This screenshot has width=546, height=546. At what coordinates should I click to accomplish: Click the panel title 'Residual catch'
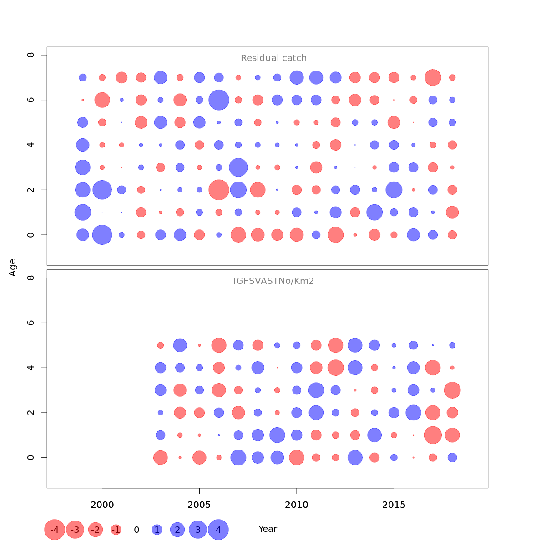(x=273, y=58)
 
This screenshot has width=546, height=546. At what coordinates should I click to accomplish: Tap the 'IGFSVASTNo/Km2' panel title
(x=273, y=281)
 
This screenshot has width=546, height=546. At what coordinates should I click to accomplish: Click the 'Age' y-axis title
(x=13, y=268)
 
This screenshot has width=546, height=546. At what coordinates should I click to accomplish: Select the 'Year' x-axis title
(x=268, y=529)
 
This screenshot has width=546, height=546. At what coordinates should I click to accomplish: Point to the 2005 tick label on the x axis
(x=199, y=505)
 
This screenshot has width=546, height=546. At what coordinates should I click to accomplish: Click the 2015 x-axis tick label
(x=394, y=505)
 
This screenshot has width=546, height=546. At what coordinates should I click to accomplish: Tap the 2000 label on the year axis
(x=102, y=505)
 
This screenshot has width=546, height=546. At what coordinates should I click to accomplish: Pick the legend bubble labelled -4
(x=54, y=530)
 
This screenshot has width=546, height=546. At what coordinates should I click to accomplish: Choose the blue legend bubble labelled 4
(x=218, y=530)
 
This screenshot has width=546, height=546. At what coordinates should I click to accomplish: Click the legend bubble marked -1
(x=116, y=530)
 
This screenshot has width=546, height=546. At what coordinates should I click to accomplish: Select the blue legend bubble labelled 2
(x=177, y=530)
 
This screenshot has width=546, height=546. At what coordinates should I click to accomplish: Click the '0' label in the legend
(x=136, y=530)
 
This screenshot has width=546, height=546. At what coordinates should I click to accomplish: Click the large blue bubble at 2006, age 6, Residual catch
(x=219, y=100)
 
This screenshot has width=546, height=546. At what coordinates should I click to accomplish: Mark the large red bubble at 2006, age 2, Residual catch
(x=219, y=190)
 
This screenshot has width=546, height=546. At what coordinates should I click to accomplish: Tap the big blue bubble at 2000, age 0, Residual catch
(x=102, y=235)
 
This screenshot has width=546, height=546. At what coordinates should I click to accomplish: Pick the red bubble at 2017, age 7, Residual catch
(x=433, y=77)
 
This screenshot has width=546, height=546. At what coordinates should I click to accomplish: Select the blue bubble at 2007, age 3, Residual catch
(x=238, y=167)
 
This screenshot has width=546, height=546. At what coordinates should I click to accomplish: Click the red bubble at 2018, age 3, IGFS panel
(x=452, y=390)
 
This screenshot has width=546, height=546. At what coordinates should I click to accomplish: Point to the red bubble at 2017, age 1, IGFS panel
(x=433, y=435)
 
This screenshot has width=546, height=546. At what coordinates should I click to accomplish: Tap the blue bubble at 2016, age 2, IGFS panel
(x=413, y=413)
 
